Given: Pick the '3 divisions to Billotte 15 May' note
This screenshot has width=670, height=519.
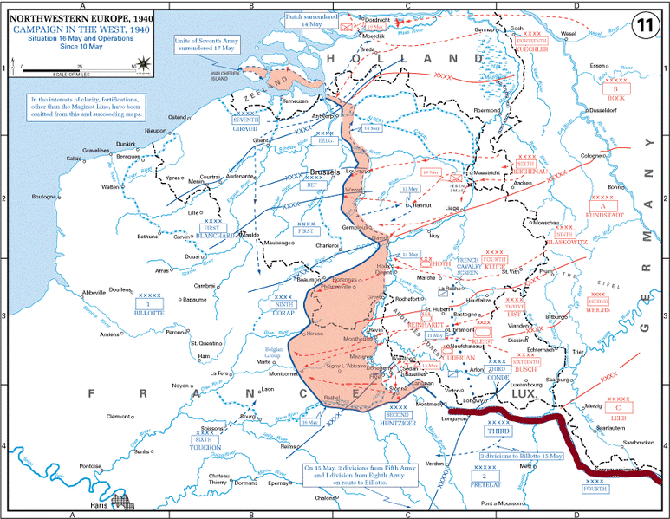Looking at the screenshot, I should click(521, 455).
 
